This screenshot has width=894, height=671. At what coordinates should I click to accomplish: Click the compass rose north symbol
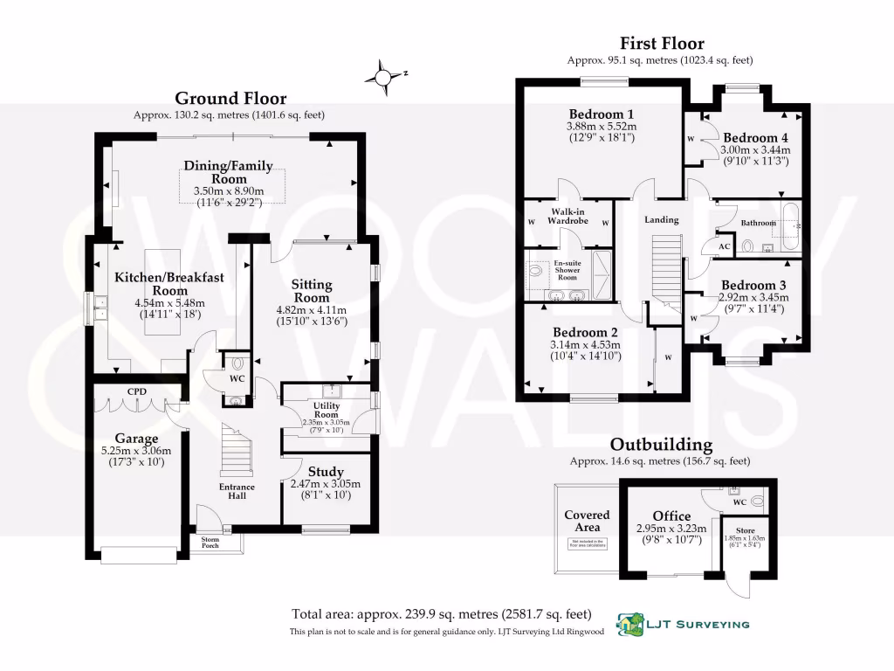384,78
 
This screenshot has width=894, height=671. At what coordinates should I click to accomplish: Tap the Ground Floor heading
230,99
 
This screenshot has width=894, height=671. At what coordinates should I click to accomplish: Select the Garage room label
137,439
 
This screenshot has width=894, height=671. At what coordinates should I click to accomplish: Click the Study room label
325,472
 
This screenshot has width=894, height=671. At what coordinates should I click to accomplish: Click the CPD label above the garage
135,392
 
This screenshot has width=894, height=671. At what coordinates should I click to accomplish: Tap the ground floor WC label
236,379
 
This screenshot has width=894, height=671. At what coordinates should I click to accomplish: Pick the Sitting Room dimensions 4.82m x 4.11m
312,309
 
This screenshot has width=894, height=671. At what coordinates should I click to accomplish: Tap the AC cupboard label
723,246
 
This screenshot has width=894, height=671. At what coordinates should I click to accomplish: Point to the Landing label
662,220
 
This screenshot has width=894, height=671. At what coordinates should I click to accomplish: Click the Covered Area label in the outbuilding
587,521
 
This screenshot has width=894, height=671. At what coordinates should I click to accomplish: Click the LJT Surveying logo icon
629,624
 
